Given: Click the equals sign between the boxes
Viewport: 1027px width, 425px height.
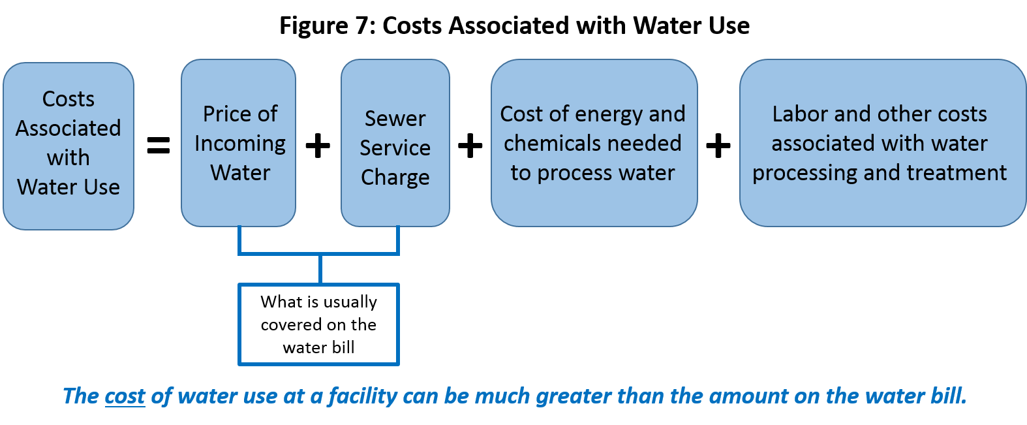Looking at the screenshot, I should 158,145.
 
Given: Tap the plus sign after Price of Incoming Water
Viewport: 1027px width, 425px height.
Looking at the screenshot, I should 318,145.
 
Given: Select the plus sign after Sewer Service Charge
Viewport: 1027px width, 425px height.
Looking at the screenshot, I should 470,145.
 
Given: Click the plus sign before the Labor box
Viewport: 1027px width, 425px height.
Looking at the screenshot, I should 718,145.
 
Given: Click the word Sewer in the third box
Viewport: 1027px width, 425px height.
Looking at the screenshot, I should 395,119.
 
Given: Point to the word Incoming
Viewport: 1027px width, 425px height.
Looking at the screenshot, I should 239,144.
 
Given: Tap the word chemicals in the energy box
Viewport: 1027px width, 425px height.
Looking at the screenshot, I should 547,143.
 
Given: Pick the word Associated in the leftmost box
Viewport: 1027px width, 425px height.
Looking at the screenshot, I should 68,128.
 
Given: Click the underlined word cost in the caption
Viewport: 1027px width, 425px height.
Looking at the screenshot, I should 125,396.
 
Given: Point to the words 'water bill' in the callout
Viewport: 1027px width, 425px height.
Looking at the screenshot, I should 318,347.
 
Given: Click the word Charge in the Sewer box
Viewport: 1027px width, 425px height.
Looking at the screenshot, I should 395,178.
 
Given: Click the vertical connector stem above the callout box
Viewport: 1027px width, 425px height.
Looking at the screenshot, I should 320,269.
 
